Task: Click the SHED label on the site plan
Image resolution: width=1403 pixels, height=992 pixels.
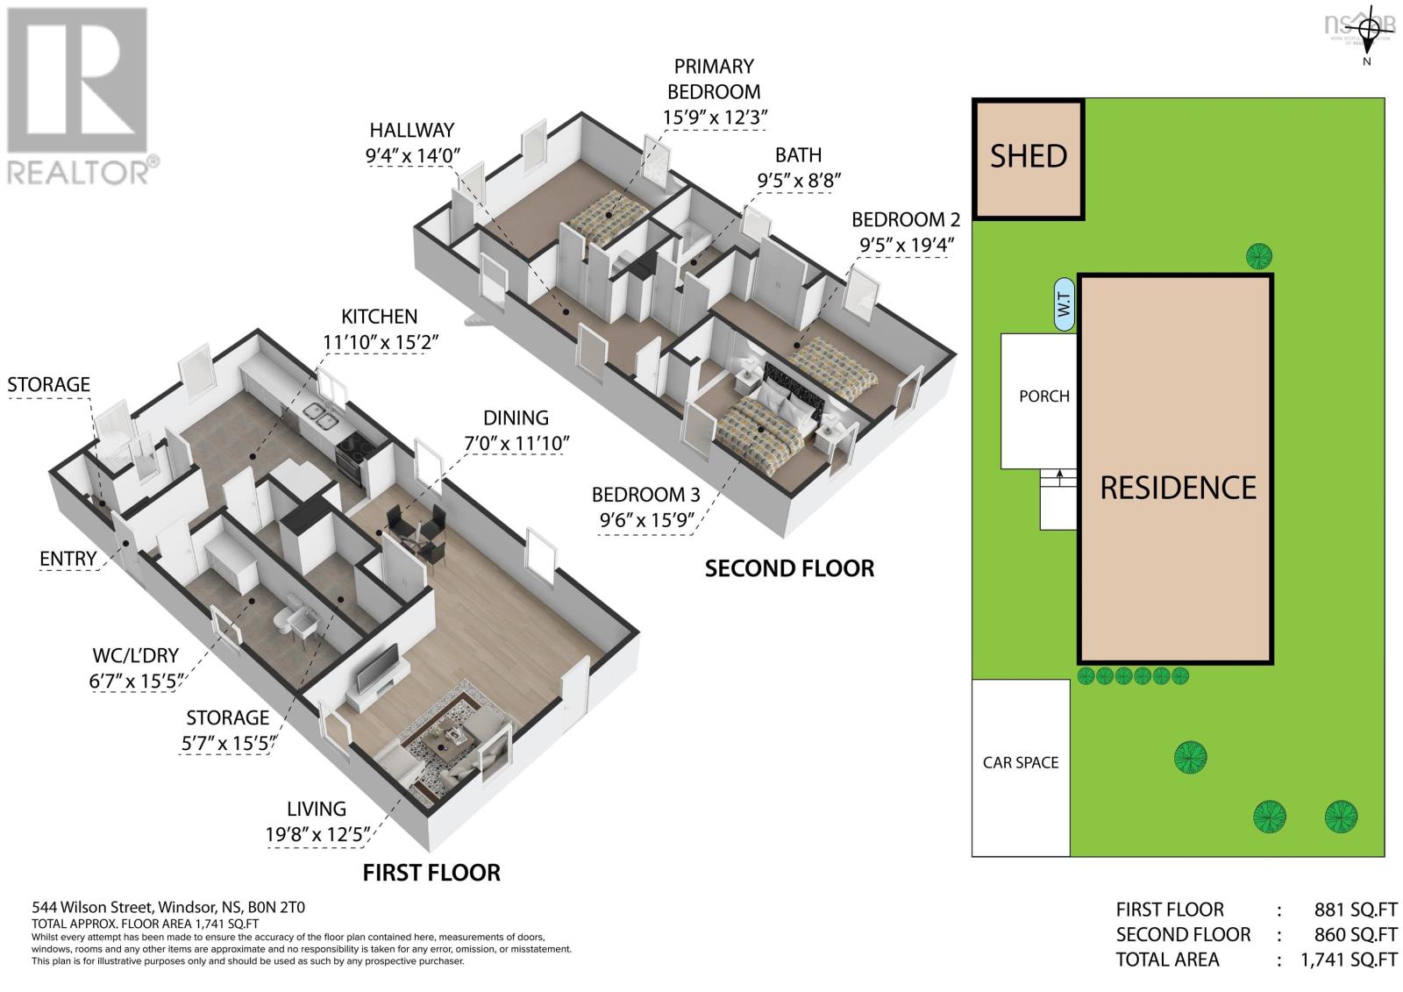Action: tap(1028, 156)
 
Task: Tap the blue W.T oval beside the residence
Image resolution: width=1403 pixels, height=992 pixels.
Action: tap(1064, 305)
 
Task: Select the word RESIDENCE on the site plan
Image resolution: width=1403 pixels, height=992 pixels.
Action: tap(1178, 488)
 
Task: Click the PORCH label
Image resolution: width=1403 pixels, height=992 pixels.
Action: tap(1043, 396)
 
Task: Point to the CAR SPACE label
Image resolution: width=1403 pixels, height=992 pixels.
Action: tap(1020, 763)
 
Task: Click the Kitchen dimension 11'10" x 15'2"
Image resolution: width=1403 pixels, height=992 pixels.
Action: tap(379, 342)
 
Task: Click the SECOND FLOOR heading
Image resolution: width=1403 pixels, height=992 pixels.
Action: tap(789, 568)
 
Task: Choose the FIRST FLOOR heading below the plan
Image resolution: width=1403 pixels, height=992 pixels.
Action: tap(431, 873)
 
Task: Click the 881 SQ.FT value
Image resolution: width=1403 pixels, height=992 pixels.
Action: tap(1355, 910)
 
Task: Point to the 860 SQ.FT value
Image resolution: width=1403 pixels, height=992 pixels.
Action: tap(1355, 934)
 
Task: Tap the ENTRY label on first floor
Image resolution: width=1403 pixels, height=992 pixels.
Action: tap(68, 559)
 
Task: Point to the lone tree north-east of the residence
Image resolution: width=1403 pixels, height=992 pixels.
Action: tap(1259, 256)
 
